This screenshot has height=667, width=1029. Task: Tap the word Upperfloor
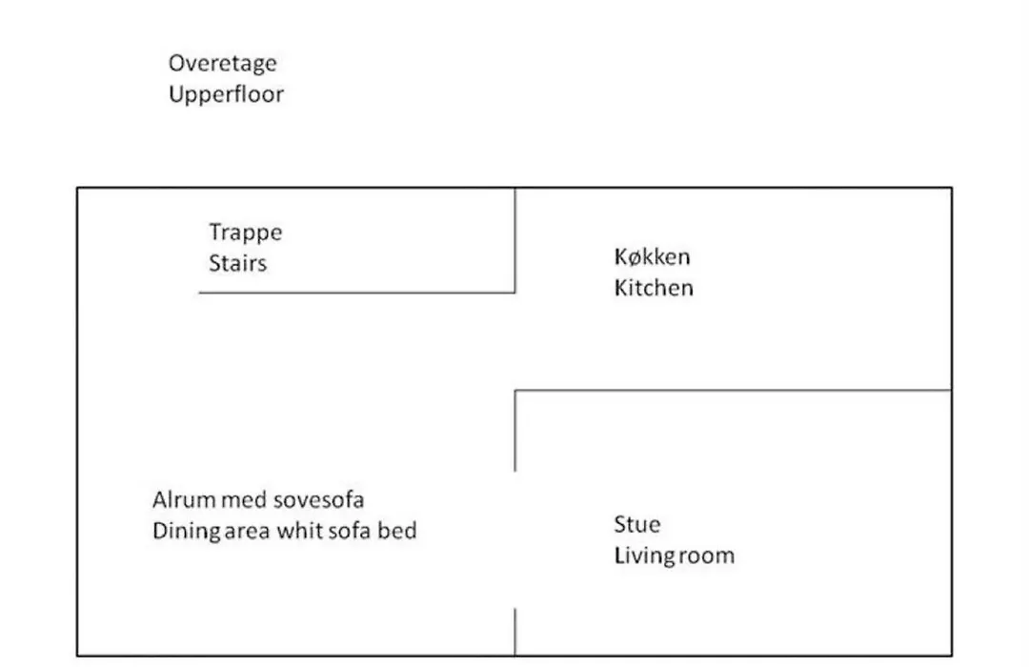(x=226, y=94)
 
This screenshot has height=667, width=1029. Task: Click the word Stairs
(x=237, y=263)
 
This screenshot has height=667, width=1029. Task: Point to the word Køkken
(x=652, y=256)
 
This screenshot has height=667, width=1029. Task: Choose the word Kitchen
(x=654, y=288)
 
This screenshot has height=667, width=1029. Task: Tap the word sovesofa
(x=318, y=500)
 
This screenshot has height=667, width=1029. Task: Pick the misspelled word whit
(x=299, y=531)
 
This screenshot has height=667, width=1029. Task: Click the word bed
(x=397, y=531)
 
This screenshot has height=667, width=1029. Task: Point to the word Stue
(x=637, y=524)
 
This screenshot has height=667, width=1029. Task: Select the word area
(x=247, y=532)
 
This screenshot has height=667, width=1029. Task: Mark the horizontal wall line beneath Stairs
(x=357, y=293)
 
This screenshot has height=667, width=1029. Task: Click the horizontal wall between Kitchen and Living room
(x=733, y=391)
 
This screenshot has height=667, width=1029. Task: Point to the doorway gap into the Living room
(x=515, y=539)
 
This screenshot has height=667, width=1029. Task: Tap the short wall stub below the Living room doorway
(x=515, y=632)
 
